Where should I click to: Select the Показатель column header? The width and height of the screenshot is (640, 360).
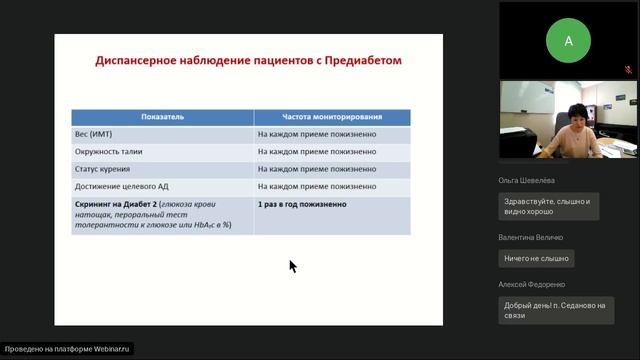[x=161, y=117]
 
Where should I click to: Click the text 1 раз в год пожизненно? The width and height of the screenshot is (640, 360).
[x=302, y=204]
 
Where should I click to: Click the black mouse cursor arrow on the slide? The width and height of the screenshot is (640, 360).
[x=292, y=266]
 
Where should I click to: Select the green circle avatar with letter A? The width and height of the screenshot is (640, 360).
[x=569, y=41]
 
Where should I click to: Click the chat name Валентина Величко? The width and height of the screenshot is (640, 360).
[x=531, y=237]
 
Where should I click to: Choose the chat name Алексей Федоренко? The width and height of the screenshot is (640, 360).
[x=534, y=285]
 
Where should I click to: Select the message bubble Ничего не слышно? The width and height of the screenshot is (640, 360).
[x=537, y=258]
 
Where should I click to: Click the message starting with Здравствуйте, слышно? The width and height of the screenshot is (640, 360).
[x=548, y=207]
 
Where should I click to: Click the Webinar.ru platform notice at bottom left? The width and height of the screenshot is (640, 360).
[x=68, y=349]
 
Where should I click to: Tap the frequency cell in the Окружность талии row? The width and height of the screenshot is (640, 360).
[x=316, y=152]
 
